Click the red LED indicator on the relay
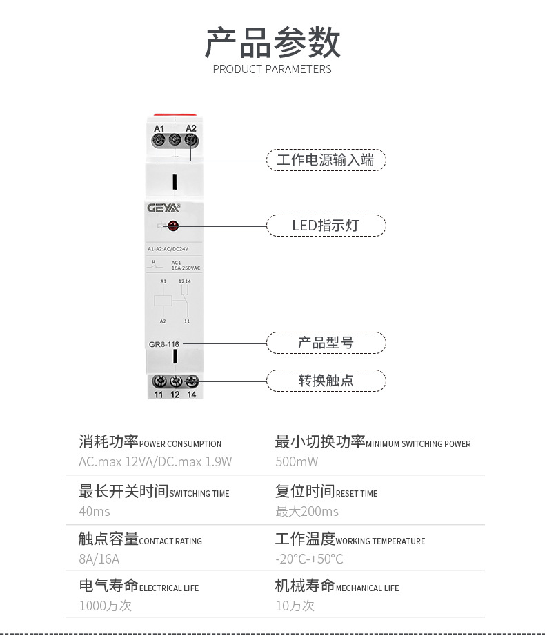click(172, 225)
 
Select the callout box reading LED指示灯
click(326, 226)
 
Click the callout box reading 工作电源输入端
click(326, 160)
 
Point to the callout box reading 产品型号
click(326, 343)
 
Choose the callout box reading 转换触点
click(326, 380)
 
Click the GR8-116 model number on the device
click(164, 343)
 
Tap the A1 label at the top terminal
click(159, 128)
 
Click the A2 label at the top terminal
click(191, 128)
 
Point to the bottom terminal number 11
click(159, 395)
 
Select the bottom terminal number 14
click(192, 395)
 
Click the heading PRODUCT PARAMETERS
click(272, 69)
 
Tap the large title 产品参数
click(272, 43)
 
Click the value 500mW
click(297, 461)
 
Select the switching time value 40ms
click(95, 511)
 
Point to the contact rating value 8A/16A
click(99, 559)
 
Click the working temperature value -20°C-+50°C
click(309, 559)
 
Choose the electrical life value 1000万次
click(105, 606)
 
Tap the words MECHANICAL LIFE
click(367, 588)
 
